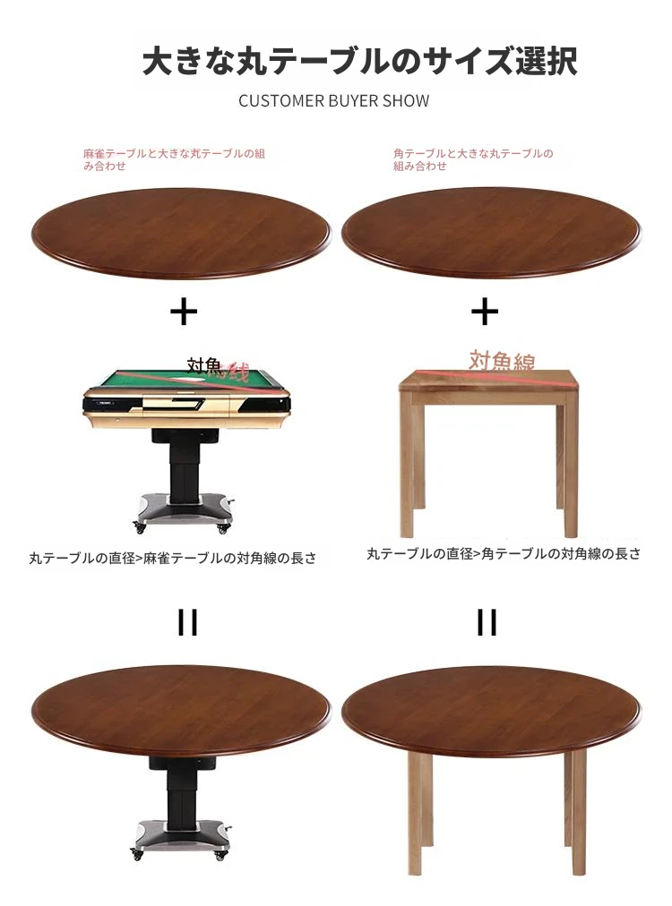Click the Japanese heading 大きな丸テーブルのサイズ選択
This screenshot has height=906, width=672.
[x=359, y=61]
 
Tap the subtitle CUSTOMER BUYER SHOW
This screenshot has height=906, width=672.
[x=333, y=101]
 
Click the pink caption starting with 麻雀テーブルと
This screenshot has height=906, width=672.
[x=174, y=159]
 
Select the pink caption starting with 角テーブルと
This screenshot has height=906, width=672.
[x=473, y=159]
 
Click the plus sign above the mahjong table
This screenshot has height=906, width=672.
[x=184, y=312]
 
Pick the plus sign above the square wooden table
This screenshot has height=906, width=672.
[x=485, y=312]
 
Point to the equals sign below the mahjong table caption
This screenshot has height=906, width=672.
[x=187, y=622]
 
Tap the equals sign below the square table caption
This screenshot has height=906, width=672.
[x=487, y=622]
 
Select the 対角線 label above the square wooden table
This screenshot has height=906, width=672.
[x=502, y=361]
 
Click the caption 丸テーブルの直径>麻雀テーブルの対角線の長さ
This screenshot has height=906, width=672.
[x=173, y=558]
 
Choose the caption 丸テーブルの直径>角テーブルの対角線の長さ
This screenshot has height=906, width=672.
[x=504, y=553]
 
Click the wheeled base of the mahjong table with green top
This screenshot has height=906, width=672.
[x=184, y=512]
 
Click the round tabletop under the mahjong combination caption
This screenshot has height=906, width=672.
[x=180, y=233]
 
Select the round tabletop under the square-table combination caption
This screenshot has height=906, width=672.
[x=491, y=233]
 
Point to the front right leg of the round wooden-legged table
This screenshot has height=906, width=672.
[x=578, y=814]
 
